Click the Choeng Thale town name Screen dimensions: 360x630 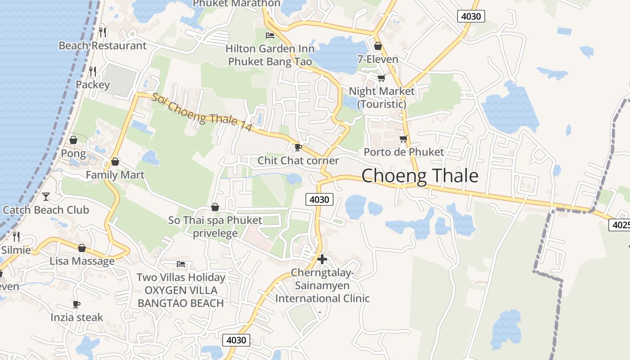tap(420, 175)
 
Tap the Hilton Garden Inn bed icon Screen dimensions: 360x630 tap(270, 35)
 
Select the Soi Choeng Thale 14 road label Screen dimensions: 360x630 tap(201, 112)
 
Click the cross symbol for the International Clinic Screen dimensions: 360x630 tap(322, 259)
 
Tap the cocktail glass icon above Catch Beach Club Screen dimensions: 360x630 tap(46, 196)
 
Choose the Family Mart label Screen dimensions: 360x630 tap(115, 175)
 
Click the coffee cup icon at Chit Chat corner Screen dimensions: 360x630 tap(297, 147)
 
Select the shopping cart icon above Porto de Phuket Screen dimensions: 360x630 tap(404, 139)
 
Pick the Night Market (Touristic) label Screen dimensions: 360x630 tap(382, 98)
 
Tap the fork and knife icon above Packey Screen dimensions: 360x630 tap(93, 71)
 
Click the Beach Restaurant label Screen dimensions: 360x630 tap(103, 45)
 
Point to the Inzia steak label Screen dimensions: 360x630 tap(76, 317)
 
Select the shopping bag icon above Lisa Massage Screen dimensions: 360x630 tap(82, 248)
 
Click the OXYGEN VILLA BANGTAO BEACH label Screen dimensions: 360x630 tap(180, 297)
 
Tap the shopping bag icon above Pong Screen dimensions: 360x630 tap(73, 140)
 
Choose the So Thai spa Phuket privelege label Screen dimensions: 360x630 tap(215, 227)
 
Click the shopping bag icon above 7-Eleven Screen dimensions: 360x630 tap(378, 46)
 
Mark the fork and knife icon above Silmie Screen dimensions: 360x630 tap(16, 236)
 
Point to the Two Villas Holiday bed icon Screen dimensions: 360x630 tap(181, 264)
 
